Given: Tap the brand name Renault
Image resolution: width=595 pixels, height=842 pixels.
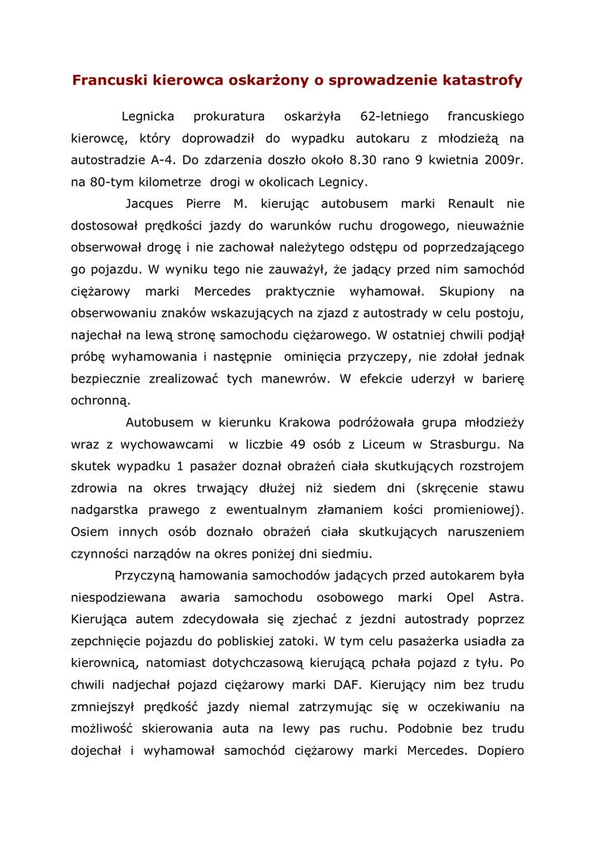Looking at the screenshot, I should (x=470, y=203).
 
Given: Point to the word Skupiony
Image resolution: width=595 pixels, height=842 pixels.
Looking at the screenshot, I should (x=467, y=291).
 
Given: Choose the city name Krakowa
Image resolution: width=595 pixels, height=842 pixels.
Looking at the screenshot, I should (x=304, y=423).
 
